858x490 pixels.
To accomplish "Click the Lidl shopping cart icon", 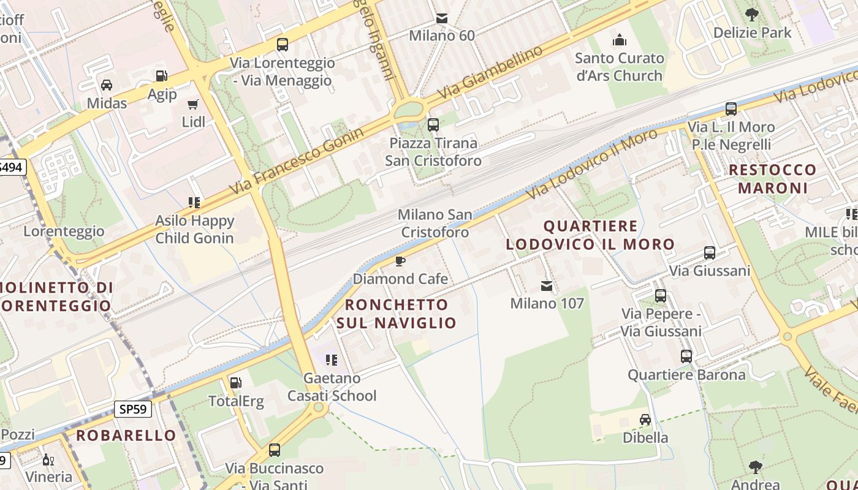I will coord(193,104).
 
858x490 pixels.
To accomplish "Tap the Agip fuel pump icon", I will coord(162,76).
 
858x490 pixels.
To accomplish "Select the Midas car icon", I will coord(107,85).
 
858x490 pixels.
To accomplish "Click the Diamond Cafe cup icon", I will coord(400,262).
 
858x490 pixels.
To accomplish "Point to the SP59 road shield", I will coord(133,409).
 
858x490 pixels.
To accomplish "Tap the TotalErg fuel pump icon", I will coord(235,383).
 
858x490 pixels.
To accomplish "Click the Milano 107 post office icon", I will coord(547,286).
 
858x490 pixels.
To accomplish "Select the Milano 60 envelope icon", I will coord(442,18).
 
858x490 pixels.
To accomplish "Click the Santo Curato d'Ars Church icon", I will coord(620,40).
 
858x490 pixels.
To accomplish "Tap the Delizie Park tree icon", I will coord(752,15).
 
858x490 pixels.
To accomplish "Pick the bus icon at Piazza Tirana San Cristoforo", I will coord(433,125).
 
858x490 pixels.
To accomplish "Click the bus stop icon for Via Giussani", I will coord(710,253).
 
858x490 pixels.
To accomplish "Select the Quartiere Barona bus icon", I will coord(686,356).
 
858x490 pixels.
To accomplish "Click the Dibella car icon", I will coord(645,420).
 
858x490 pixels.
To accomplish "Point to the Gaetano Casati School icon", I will coord(332,360).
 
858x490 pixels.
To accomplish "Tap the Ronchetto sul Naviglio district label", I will coord(397,314).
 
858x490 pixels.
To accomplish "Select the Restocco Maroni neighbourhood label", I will coord(772,178).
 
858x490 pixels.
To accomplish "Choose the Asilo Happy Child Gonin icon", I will coord(194,202).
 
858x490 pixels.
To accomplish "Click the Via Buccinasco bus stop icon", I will coord(275,450).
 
